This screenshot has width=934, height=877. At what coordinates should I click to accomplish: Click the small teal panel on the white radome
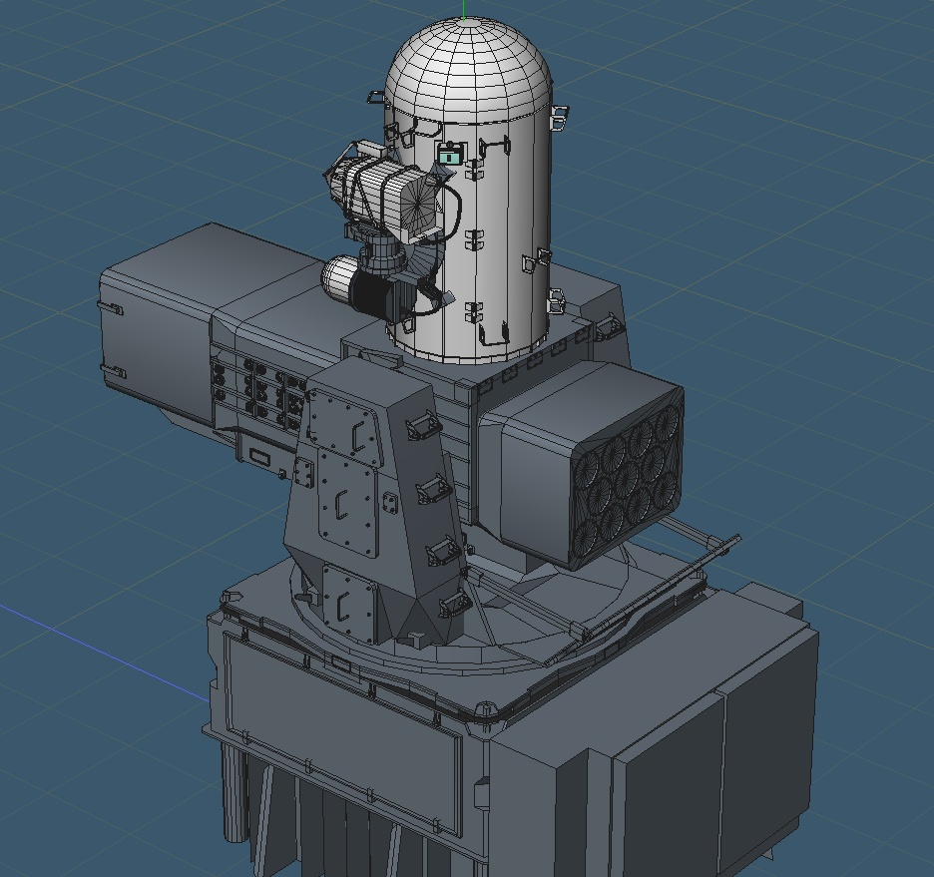pos(450,155)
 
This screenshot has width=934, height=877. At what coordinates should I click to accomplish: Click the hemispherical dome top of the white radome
pos(467,65)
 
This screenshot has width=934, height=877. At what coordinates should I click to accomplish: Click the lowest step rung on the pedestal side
pos(453,603)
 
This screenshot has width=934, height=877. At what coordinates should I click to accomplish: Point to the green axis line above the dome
pos(465,9)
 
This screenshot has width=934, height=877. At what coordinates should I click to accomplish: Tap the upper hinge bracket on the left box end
pos(111,308)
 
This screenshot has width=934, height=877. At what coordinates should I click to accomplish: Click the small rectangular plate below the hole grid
pos(260,457)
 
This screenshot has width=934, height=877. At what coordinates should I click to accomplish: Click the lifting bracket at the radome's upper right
pos(558,118)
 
